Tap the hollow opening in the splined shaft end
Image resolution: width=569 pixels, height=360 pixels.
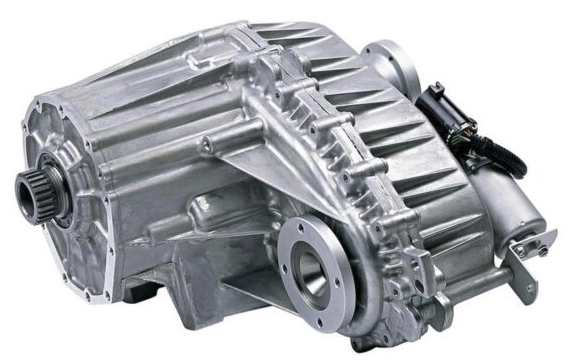click(x=26, y=186)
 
